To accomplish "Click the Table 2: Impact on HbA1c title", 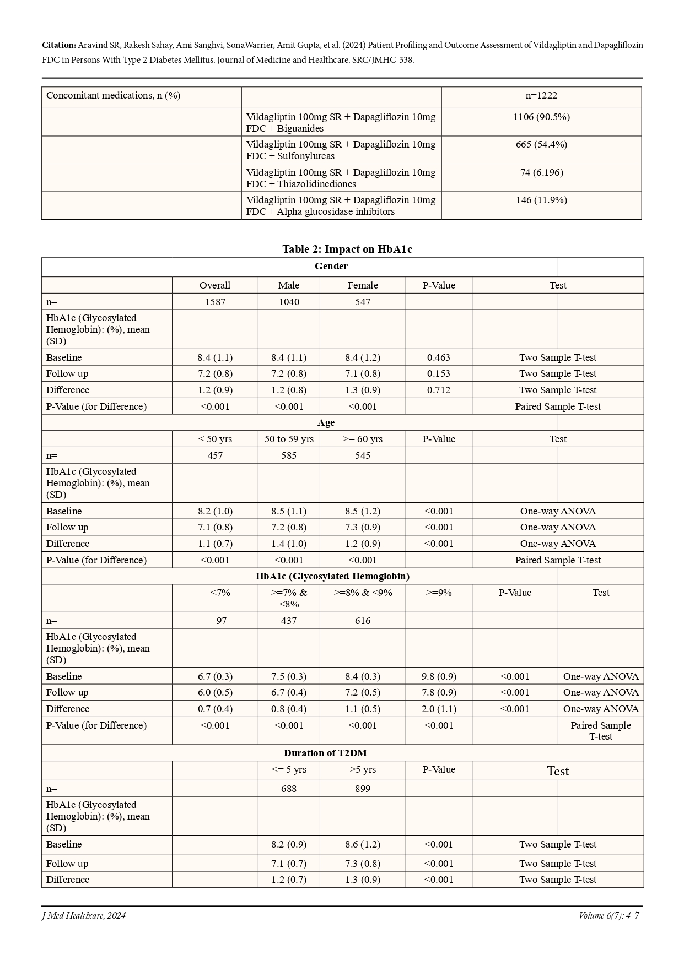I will click(347, 249).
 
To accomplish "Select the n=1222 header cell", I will click(541, 95).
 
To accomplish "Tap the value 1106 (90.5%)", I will click(541, 117).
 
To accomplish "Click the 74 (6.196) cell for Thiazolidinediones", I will click(541, 172).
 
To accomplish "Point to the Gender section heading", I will click(331, 266).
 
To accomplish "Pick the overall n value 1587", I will click(215, 302).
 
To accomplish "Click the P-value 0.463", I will click(439, 357).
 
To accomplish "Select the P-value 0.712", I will click(439, 390).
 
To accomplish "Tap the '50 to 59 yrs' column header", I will click(289, 439).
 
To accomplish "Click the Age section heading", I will click(326, 422).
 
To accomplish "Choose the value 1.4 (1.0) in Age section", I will click(289, 544).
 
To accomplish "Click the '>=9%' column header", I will click(439, 593).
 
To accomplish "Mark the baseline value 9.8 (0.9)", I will click(439, 676).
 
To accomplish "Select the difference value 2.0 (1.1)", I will click(439, 709).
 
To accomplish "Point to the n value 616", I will click(363, 621).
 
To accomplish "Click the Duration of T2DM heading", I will click(325, 753).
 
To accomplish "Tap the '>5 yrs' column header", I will click(363, 769).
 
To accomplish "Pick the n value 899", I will click(363, 789).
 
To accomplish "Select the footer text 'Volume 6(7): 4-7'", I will click(608, 916).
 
